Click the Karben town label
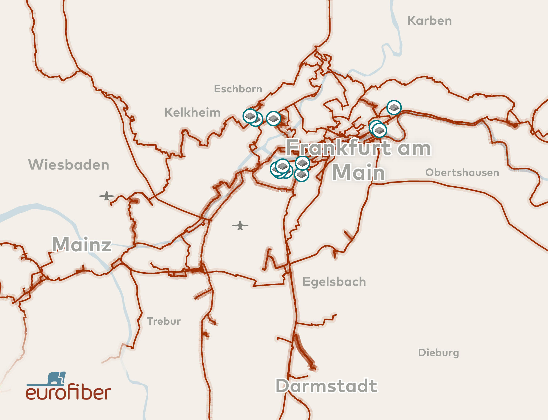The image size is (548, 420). (x=429, y=21)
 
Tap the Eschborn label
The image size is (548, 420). (x=238, y=89)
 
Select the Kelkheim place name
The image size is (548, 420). (x=192, y=112)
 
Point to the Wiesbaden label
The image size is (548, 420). (x=69, y=164)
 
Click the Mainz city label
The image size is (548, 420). (x=82, y=244)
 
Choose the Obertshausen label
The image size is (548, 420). (x=462, y=172)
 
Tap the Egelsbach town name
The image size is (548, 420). (x=334, y=282)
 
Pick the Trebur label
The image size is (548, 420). (x=164, y=321)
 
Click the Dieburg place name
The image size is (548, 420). (x=438, y=353)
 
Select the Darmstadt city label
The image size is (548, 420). (x=327, y=386)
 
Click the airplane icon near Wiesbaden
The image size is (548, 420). (x=107, y=196)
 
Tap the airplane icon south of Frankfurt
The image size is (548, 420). (x=240, y=225)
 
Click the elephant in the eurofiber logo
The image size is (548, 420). (x=56, y=378)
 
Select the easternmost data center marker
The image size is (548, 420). (x=394, y=108)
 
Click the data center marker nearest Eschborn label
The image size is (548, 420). (x=250, y=116)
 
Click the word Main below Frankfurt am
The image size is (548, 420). (x=358, y=172)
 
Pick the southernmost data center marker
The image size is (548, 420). (x=301, y=175)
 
